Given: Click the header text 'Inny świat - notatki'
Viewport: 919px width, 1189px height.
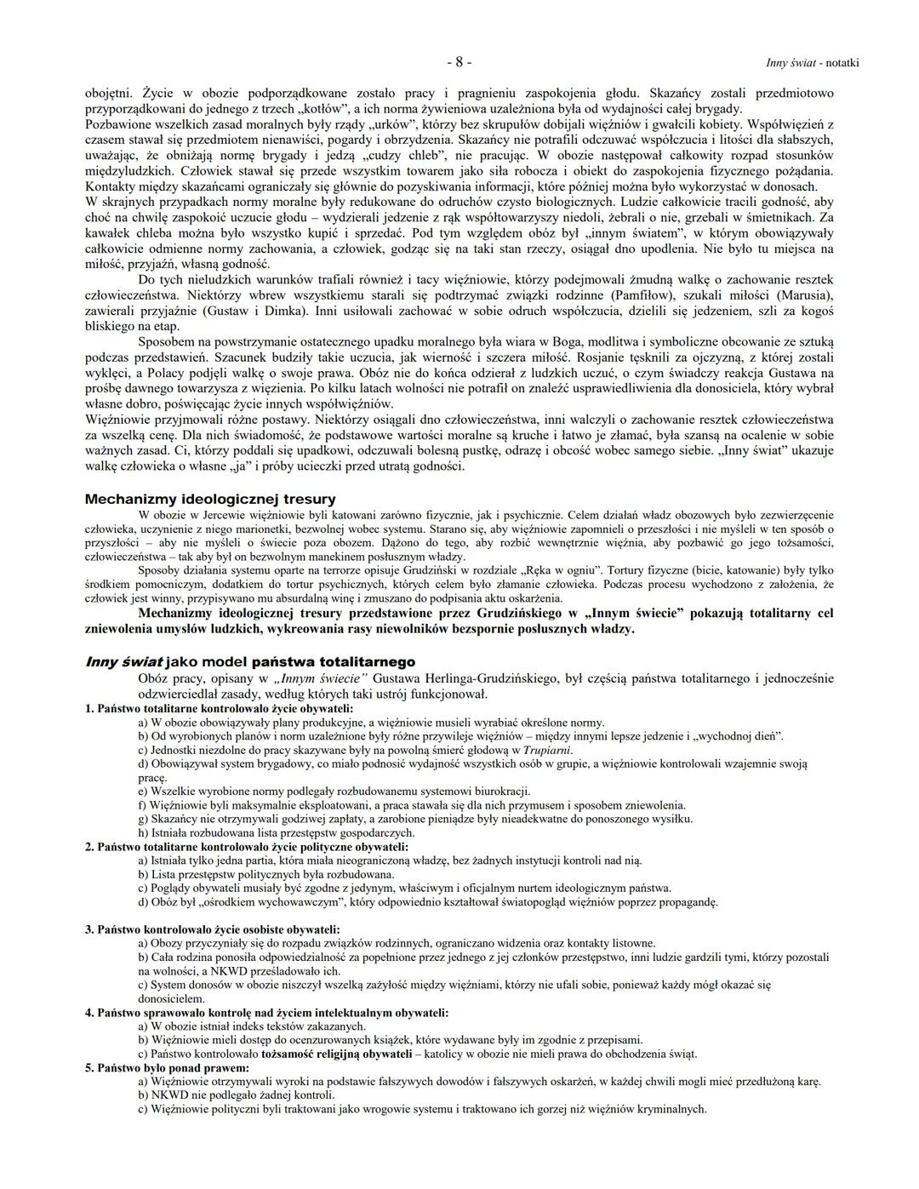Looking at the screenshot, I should (812, 63).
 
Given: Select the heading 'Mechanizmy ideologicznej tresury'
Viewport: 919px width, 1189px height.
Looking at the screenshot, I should (210, 499).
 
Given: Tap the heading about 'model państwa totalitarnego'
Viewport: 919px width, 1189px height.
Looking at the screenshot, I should (250, 661).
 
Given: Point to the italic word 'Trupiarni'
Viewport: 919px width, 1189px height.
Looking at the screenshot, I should (546, 750).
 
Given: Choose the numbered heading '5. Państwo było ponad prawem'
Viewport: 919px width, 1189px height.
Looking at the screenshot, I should (167, 1067).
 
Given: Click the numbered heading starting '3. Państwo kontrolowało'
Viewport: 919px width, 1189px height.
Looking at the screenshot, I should (212, 929).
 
